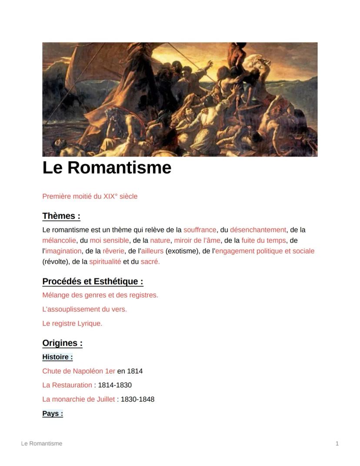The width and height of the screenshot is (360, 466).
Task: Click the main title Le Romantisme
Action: (x=107, y=168)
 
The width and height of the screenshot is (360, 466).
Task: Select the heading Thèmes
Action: (x=61, y=216)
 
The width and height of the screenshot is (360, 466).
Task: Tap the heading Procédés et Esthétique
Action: (x=93, y=281)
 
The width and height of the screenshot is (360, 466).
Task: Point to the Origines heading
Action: (x=62, y=343)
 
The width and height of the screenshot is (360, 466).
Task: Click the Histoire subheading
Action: (x=57, y=357)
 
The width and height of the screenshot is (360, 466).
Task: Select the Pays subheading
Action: (x=53, y=413)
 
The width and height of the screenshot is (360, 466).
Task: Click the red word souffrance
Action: (x=200, y=230)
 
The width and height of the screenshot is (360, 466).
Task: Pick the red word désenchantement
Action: (x=258, y=230)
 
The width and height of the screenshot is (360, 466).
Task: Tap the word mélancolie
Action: (x=59, y=240)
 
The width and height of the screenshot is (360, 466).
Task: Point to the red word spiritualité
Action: (x=105, y=261)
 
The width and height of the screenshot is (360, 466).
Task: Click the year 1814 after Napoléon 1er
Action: (x=135, y=371)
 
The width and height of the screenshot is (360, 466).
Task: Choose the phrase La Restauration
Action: (x=67, y=385)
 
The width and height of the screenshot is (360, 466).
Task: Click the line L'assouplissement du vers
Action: (x=84, y=309)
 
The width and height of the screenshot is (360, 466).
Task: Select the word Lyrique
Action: (x=90, y=323)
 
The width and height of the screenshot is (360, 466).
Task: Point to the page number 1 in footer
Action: (x=337, y=443)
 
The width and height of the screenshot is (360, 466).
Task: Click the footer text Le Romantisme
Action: (x=42, y=443)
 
